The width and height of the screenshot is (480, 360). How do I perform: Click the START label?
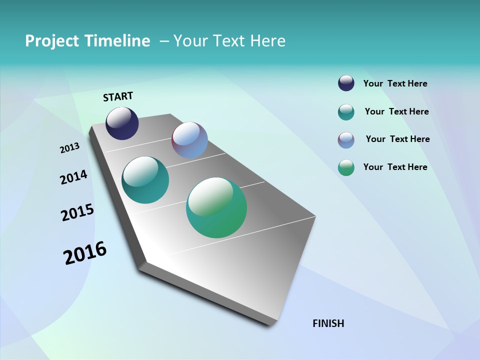point(118,96)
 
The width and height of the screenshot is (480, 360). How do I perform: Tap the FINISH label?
point(328,323)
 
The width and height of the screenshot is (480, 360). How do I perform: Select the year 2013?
point(69,148)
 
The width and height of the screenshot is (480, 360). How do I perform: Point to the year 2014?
point(73,177)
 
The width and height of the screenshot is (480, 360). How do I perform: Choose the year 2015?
point(77,212)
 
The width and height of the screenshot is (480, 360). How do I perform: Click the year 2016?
point(85,253)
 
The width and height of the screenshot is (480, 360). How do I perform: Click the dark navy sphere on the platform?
point(122,123)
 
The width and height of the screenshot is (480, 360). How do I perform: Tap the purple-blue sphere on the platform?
point(189,140)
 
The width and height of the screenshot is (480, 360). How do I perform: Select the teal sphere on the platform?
point(145,180)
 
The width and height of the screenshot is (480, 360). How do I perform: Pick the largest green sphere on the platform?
point(216,207)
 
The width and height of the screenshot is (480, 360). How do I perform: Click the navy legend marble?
point(346,83)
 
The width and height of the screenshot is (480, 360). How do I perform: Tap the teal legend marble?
point(346,112)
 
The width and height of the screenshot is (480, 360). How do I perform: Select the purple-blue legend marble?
point(346,140)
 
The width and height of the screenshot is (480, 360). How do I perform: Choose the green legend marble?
point(346,167)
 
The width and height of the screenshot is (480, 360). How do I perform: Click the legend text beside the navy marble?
point(395,84)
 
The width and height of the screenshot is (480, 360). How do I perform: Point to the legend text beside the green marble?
point(395,167)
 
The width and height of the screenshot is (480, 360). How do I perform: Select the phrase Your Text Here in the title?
point(229,41)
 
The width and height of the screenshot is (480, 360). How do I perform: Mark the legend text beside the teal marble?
point(396,111)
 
